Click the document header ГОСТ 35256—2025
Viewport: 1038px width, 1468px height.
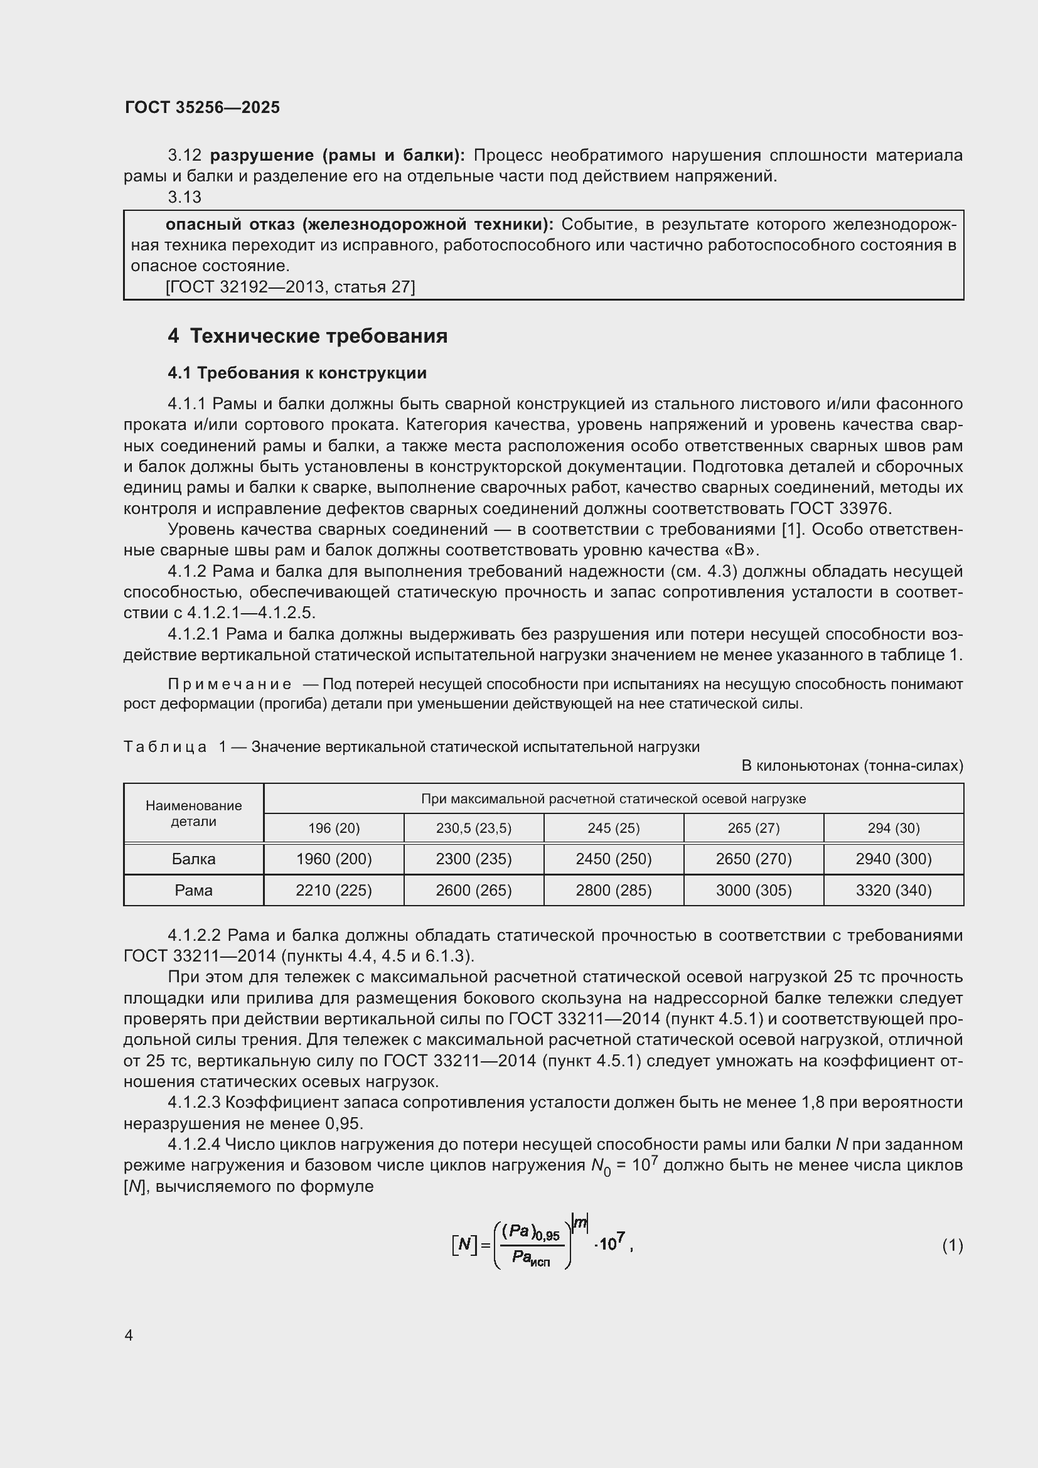202,107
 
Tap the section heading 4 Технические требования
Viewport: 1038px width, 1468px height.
308,336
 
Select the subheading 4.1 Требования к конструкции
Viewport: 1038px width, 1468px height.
297,373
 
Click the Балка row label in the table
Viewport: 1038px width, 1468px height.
194,859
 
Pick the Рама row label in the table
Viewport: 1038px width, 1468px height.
194,890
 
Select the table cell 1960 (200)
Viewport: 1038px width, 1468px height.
334,859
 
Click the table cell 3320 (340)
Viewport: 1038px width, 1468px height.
894,890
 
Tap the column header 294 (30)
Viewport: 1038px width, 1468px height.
894,828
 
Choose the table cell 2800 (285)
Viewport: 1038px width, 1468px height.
614,890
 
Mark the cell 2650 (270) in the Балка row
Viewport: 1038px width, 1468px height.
754,859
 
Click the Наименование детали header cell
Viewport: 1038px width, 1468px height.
194,813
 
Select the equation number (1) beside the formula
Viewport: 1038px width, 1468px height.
952,1245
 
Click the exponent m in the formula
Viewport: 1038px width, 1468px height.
581,1223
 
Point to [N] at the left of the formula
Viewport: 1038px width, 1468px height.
464,1244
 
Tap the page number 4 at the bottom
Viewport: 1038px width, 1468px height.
129,1335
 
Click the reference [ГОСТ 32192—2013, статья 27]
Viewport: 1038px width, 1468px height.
290,287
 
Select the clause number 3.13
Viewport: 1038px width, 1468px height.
184,198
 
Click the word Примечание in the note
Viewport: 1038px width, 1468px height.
230,684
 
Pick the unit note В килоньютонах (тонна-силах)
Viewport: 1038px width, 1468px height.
852,765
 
